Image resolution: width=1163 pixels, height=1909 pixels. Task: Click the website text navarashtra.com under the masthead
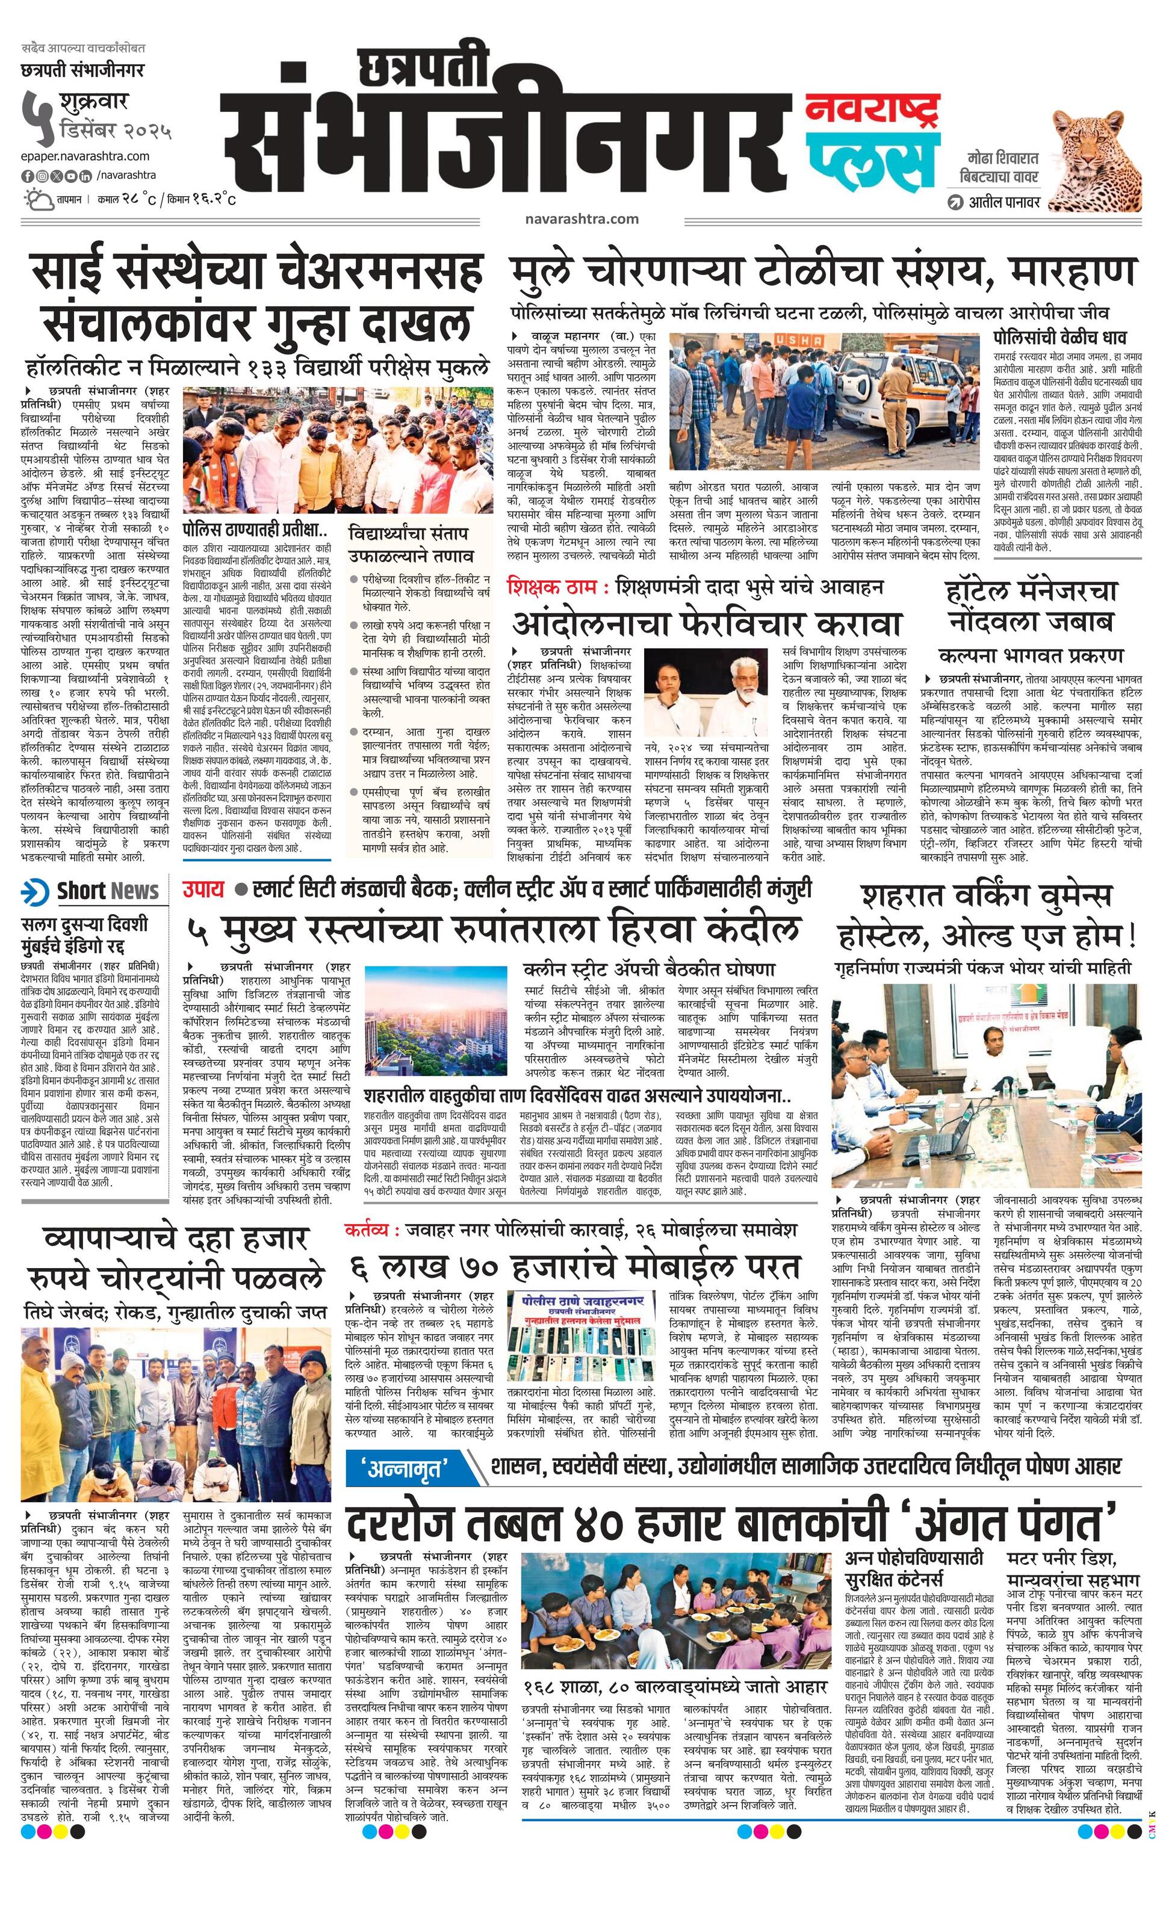[581, 218]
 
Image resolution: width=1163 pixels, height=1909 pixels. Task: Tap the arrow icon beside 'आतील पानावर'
[955, 202]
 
